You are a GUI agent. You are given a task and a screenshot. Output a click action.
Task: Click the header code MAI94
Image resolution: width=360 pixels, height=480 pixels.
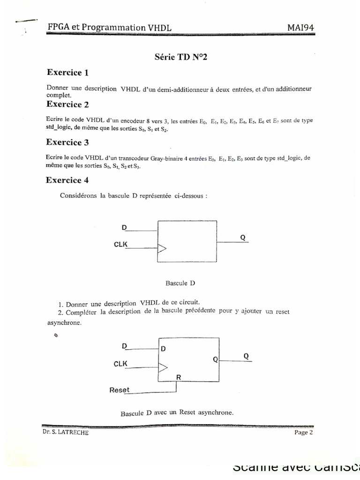tap(300, 27)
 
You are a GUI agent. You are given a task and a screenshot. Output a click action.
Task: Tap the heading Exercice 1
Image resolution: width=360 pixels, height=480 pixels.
tap(67, 72)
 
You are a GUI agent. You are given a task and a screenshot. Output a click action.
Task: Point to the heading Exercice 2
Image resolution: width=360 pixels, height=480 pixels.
tap(67, 104)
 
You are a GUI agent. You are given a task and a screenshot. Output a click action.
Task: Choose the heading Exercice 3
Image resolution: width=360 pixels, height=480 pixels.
tap(67, 142)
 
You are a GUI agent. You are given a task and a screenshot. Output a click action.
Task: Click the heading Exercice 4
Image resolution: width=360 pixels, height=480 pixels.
tap(67, 180)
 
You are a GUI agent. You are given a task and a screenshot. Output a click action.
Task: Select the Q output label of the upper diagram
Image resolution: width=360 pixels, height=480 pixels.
tap(242, 237)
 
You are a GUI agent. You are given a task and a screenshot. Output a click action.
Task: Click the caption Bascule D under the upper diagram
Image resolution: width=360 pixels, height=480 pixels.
tap(180, 283)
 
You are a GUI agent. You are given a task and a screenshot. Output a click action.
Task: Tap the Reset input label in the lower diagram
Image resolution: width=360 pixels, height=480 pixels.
tap(119, 390)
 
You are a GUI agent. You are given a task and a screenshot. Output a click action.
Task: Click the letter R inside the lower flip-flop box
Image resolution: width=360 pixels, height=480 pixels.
tap(178, 377)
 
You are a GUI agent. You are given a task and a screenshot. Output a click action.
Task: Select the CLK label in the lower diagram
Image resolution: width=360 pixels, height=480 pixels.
tap(121, 364)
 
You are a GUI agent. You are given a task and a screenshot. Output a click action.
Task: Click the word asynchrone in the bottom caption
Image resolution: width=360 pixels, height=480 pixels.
tap(217, 413)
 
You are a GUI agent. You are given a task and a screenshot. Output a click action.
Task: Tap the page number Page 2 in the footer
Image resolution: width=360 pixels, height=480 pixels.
tap(303, 433)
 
